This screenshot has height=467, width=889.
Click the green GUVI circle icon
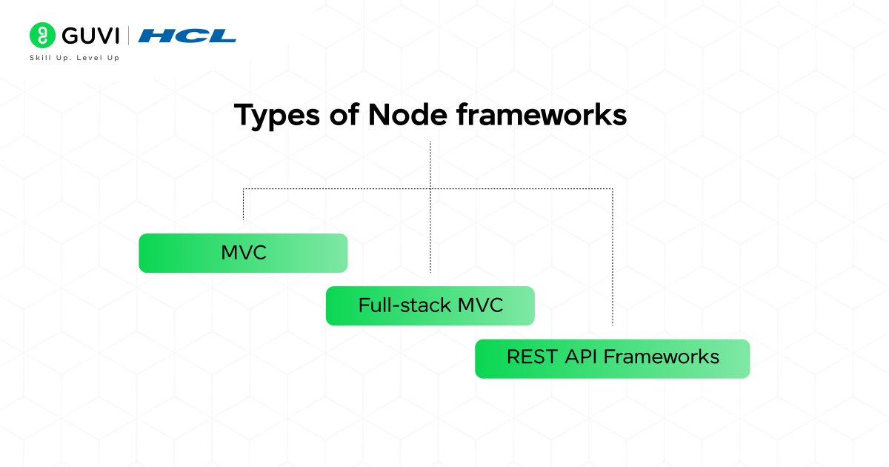coord(43,35)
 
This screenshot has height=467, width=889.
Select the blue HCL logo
coord(187,36)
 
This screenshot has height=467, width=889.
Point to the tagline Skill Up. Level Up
coord(74,58)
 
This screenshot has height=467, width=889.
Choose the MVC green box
coord(243,253)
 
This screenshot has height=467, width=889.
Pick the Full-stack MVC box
coord(430,305)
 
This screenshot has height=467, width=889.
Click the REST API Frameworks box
coord(612,359)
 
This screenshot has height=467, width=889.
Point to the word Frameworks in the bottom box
coord(661,357)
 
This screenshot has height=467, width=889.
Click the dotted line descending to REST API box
coord(613,259)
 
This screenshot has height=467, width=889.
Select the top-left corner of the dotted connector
coord(244,189)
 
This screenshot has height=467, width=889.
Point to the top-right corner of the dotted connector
coord(613,189)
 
